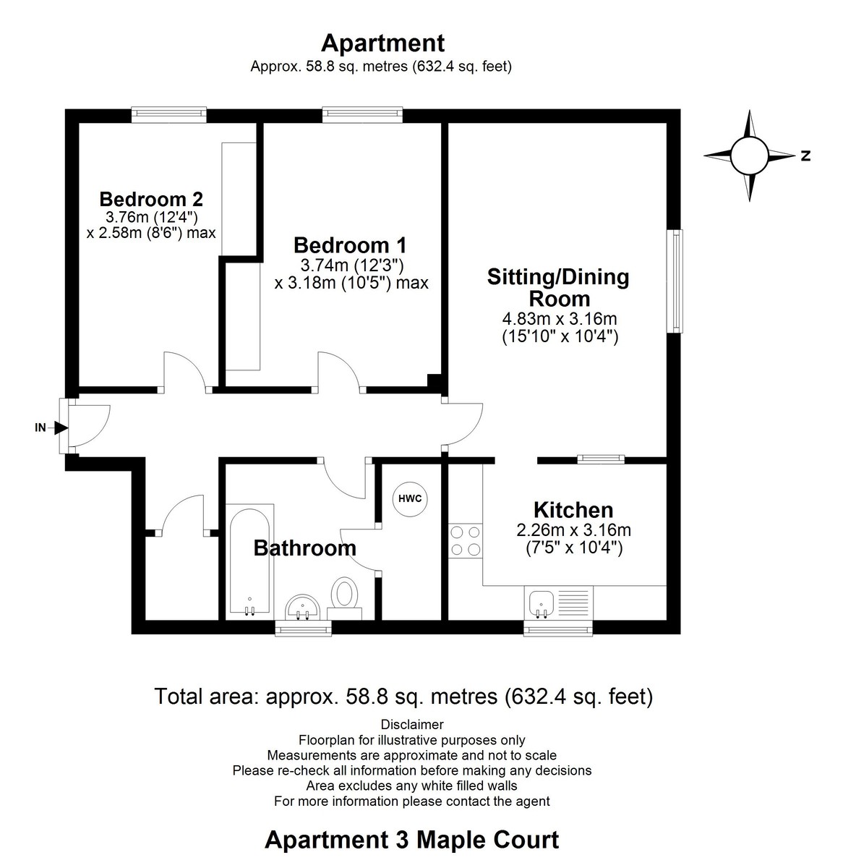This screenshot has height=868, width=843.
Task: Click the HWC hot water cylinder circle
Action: (x=410, y=498)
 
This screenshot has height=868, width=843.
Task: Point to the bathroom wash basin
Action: (x=303, y=607)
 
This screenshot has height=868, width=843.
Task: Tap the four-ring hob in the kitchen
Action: (x=466, y=540)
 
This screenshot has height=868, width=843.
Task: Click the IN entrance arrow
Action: (x=61, y=427)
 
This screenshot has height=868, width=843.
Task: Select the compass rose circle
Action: (x=749, y=156)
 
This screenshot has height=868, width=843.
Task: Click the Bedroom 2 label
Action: (x=151, y=199)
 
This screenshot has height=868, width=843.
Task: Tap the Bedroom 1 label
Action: (x=350, y=245)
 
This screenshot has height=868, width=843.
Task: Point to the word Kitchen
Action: (x=573, y=510)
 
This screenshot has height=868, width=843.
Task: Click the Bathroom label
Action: (x=305, y=548)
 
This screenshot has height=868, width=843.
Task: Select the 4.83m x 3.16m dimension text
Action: (x=560, y=318)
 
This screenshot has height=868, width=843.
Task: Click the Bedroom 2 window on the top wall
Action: (x=169, y=114)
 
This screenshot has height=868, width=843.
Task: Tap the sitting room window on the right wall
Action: (x=675, y=281)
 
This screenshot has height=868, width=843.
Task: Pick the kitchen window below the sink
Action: (x=558, y=629)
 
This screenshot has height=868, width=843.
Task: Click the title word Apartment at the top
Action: (x=382, y=43)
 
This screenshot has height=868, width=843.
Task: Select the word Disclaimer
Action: (x=412, y=724)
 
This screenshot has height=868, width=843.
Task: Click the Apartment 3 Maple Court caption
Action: (x=411, y=840)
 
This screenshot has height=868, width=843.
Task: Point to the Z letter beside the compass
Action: (x=805, y=156)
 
